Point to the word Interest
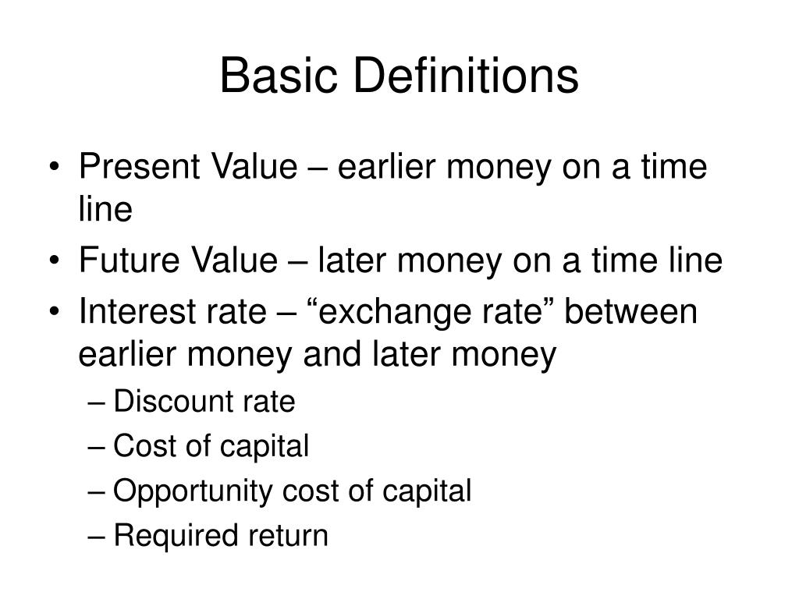click(x=133, y=312)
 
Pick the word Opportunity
click(x=191, y=492)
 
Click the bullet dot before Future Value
click(x=60, y=262)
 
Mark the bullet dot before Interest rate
click(x=60, y=314)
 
